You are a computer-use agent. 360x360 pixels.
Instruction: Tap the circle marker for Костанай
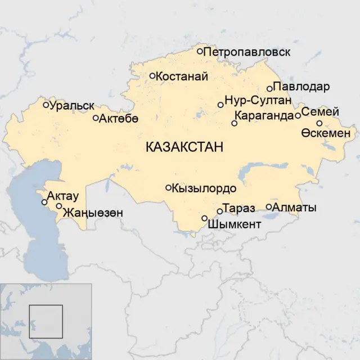pyautogui.click(x=152, y=75)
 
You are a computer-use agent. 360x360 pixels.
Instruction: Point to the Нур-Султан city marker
pyautogui.click(x=220, y=105)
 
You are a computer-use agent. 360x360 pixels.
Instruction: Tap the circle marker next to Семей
pyautogui.click(x=298, y=116)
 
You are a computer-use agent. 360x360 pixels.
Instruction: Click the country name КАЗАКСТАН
pyautogui.click(x=184, y=147)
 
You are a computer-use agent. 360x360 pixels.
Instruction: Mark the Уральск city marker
pyautogui.click(x=46, y=105)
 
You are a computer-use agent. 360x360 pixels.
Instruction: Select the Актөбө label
pyautogui.click(x=119, y=119)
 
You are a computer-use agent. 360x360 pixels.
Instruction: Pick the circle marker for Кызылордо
pyautogui.click(x=168, y=188)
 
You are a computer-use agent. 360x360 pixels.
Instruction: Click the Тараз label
pyautogui.click(x=239, y=209)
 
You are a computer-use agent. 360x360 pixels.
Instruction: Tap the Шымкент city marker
pyautogui.click(x=204, y=218)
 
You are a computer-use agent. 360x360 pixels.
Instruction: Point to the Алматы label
pyautogui.click(x=294, y=208)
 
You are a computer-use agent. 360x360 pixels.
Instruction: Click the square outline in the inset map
pyautogui.click(x=46, y=321)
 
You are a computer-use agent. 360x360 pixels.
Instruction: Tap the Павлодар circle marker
pyautogui.click(x=270, y=88)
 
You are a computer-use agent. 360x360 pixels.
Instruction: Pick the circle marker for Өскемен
pyautogui.click(x=319, y=123)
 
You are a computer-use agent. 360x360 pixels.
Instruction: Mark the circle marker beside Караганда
pyautogui.click(x=235, y=123)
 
